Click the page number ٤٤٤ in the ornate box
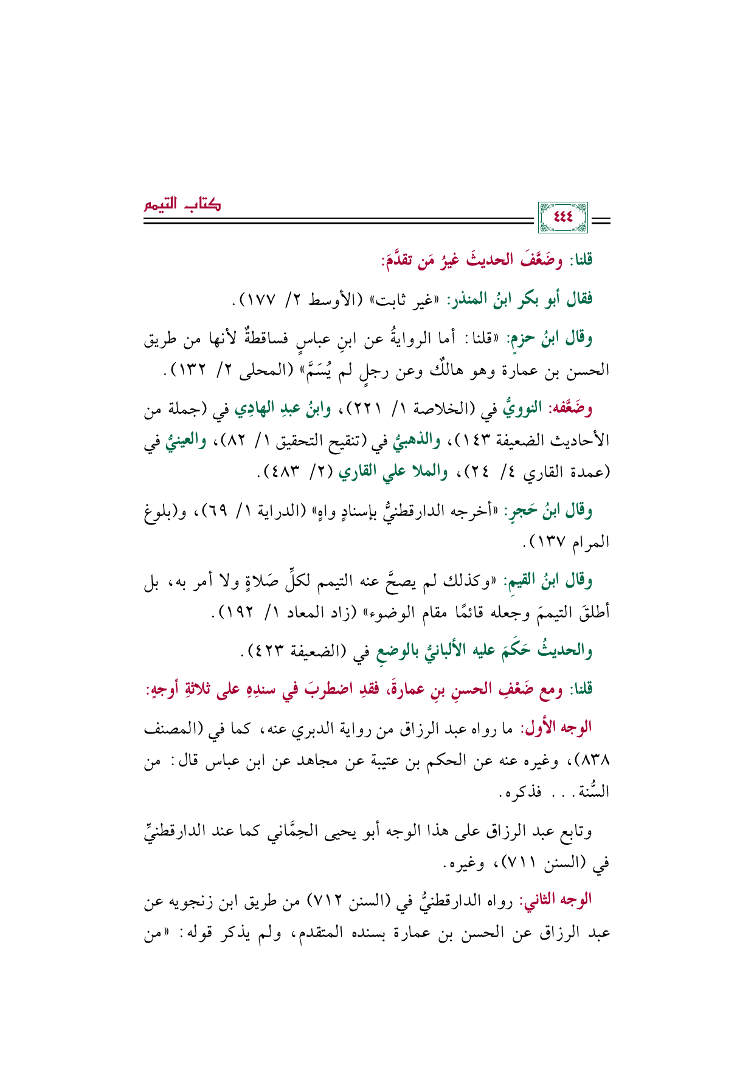coord(563,216)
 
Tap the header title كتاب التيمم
coord(182,204)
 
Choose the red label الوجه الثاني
coord(559,899)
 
